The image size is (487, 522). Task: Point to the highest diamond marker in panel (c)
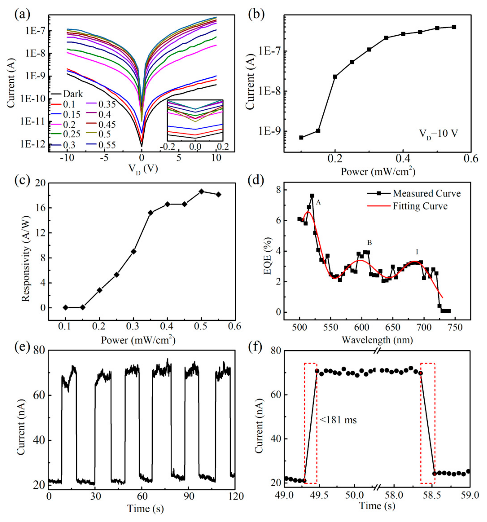tap(201, 191)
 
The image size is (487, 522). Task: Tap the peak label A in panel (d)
tap(318, 202)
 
